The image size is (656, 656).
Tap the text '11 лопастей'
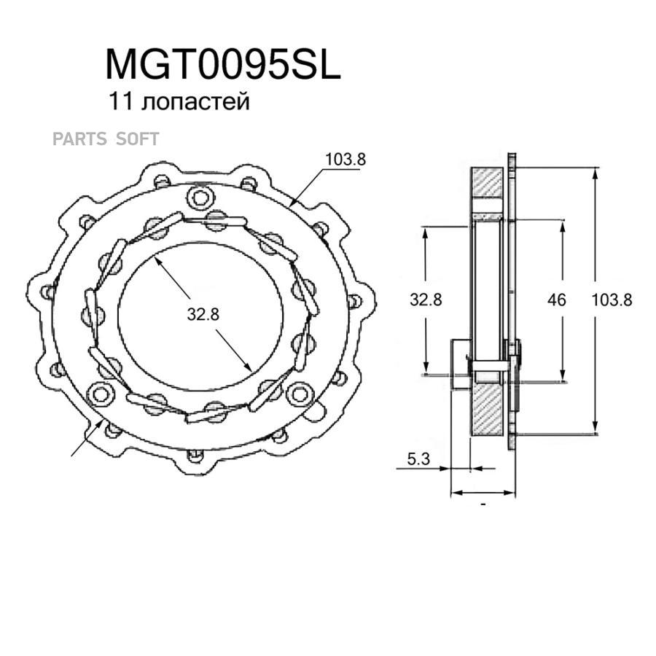(179, 101)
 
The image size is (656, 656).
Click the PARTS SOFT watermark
(106, 139)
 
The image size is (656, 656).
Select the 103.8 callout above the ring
(345, 159)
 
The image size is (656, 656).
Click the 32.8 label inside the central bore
(203, 313)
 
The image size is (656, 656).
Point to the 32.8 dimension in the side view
(426, 300)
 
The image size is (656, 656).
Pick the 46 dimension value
(556, 300)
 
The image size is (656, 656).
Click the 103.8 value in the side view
(612, 300)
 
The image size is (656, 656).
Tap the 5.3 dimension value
(418, 459)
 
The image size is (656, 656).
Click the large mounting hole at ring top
(200, 198)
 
